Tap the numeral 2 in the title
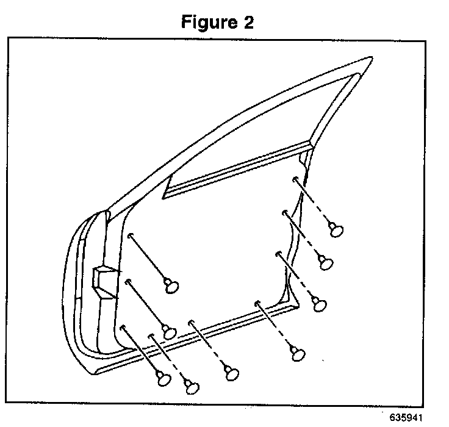[x=247, y=23]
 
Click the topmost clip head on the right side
[x=336, y=229]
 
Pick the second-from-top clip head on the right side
[x=326, y=263]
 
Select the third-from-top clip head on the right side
[x=318, y=304]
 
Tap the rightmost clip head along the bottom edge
[x=297, y=353]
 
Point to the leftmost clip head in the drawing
[x=163, y=378]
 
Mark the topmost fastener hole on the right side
[x=295, y=179]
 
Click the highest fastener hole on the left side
[x=131, y=235]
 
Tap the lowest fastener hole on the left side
[x=123, y=327]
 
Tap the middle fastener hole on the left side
[x=128, y=281]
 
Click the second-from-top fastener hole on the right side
[x=285, y=212]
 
